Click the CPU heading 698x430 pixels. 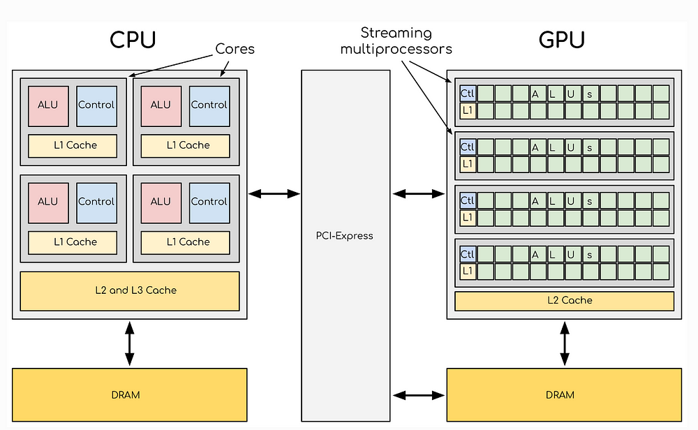pos(133,40)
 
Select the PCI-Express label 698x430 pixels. pos(346,235)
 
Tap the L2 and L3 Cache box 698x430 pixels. pos(130,290)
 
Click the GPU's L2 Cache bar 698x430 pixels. pos(564,301)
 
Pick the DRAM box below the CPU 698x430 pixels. pos(129,394)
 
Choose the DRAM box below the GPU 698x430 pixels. pos(564,394)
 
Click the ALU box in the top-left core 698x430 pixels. pos(47,105)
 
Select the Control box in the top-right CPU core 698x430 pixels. pos(209,105)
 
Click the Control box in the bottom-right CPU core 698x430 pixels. pos(209,202)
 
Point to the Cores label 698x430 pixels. pos(235,50)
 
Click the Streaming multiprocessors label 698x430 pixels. pos(406,40)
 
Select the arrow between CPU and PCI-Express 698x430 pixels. pos(274,193)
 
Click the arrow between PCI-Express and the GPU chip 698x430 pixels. pos(419,193)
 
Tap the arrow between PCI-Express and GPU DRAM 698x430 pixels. pos(419,395)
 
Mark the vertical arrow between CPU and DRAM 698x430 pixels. pos(129,343)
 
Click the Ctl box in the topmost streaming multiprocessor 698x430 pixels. pos(468,93)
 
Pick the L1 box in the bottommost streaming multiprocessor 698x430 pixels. pos(468,271)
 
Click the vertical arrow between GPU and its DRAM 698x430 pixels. pos(564,343)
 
